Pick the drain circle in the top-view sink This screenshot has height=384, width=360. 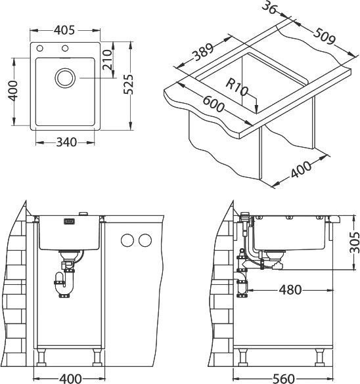(x=65, y=78)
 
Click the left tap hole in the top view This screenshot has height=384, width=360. (x=41, y=49)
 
